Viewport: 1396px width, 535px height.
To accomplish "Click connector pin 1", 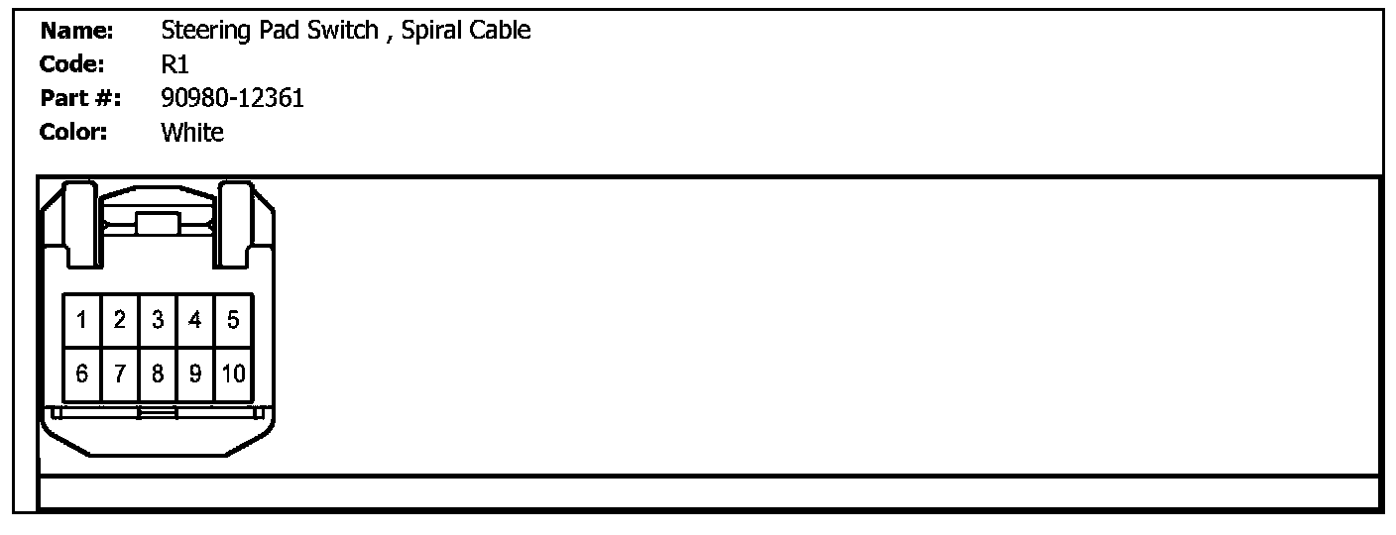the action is pos(81,320).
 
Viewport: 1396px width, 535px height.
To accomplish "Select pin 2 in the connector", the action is pos(120,320).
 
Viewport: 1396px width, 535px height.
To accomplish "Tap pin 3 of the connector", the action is pos(158,320).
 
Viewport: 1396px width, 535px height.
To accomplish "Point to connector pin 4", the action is pos(195,320).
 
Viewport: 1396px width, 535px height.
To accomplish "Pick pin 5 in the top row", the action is pos(233,320).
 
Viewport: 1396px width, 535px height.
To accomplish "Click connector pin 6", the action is pos(81,374).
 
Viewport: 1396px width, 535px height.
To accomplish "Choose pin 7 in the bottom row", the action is pos(120,374).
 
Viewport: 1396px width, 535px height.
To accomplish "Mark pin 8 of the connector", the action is pos(158,374).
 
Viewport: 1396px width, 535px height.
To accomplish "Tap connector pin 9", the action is pos(195,374).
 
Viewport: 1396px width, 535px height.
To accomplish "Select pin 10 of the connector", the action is pos(233,374).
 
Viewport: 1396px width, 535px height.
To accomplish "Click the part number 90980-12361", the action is pos(232,98).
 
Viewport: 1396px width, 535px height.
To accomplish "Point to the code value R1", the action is pos(174,64).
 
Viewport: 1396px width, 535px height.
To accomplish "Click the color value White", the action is pos(192,133).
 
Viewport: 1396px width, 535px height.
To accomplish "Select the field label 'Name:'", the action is pos(77,31).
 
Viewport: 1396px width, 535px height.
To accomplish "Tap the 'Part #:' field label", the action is pos(80,98).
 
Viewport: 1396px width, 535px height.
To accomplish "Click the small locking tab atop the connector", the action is pos(157,223).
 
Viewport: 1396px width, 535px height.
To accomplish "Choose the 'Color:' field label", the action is pos(73,133).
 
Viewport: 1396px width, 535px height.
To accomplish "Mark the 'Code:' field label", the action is pos(72,64).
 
